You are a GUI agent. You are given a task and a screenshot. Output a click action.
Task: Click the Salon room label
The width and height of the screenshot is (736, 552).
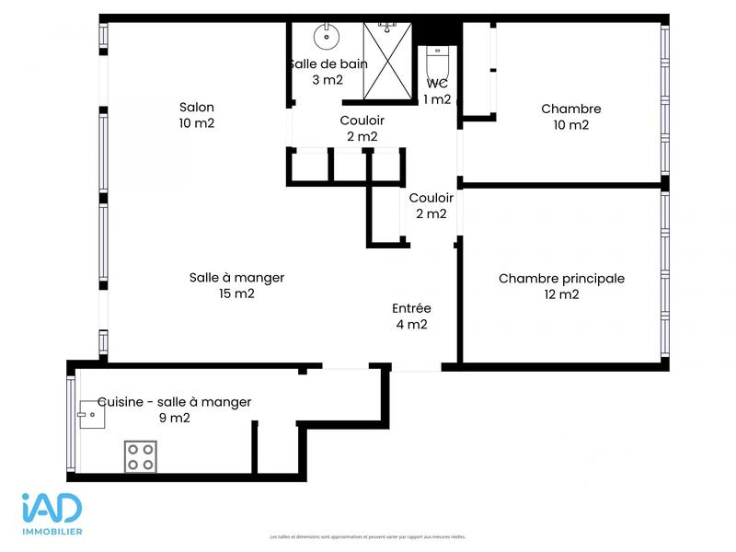tap(196, 108)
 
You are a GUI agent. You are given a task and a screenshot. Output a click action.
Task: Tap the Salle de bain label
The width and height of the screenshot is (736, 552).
tap(328, 64)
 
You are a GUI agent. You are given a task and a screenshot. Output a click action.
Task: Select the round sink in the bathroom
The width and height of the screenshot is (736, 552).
tap(326, 38)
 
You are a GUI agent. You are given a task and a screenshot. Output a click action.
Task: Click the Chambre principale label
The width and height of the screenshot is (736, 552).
tap(561, 279)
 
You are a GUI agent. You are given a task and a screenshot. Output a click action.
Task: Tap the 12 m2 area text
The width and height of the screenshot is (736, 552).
tap(561, 295)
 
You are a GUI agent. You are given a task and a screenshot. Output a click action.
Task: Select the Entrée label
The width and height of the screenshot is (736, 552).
tap(410, 308)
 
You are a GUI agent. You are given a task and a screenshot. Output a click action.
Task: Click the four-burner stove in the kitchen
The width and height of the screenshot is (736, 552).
tap(140, 456)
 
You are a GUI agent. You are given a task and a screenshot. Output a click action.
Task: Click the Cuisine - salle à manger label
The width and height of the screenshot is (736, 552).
tap(175, 402)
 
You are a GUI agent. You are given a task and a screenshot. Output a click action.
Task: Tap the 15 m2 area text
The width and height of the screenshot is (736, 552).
tap(236, 294)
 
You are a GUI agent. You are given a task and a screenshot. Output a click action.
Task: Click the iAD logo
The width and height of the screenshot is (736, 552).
tap(52, 510)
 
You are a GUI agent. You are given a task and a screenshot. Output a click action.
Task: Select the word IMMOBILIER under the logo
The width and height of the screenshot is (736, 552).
tap(52, 532)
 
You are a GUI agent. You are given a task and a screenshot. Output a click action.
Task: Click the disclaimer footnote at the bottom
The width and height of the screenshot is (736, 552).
tap(368, 537)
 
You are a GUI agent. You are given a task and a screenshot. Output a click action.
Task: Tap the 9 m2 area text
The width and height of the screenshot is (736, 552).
tap(175, 418)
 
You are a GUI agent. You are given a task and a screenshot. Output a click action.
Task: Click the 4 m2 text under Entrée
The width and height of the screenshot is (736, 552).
tap(410, 324)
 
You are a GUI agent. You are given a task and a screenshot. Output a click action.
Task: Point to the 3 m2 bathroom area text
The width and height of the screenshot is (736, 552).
tap(328, 80)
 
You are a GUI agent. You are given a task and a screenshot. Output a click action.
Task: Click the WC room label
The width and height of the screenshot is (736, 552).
tap(437, 84)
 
